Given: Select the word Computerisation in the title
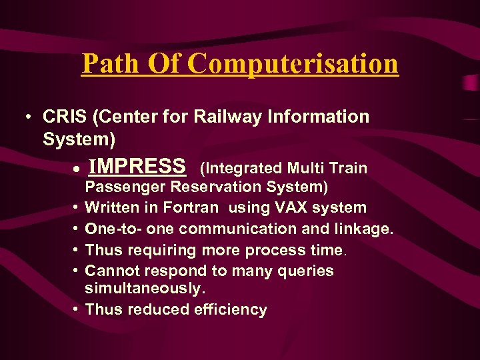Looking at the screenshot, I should coord(293,64).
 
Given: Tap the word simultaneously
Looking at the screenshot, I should coord(145,288).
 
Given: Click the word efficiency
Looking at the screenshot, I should coord(231,309).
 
